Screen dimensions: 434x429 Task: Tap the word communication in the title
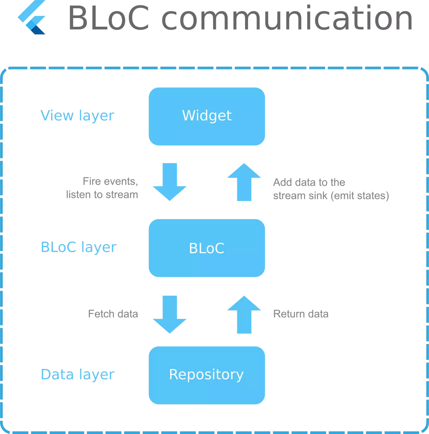pos(287,18)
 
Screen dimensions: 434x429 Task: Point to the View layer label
pos(77,116)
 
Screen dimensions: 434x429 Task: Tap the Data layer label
pos(77,374)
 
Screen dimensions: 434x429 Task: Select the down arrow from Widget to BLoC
pos(170,182)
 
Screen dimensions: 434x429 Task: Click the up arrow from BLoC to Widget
pos(244,182)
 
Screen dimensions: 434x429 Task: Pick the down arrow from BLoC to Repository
pos(170,315)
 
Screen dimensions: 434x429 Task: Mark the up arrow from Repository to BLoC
pos(244,315)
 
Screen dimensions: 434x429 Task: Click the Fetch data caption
pos(113,314)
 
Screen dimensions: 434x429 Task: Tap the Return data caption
pos(301,314)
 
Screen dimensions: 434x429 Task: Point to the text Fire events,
pos(110,181)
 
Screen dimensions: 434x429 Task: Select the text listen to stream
pos(102,195)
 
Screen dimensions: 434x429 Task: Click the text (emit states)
pos(360,195)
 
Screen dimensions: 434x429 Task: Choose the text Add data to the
pos(309,182)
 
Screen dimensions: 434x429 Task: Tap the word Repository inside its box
pos(206,374)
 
